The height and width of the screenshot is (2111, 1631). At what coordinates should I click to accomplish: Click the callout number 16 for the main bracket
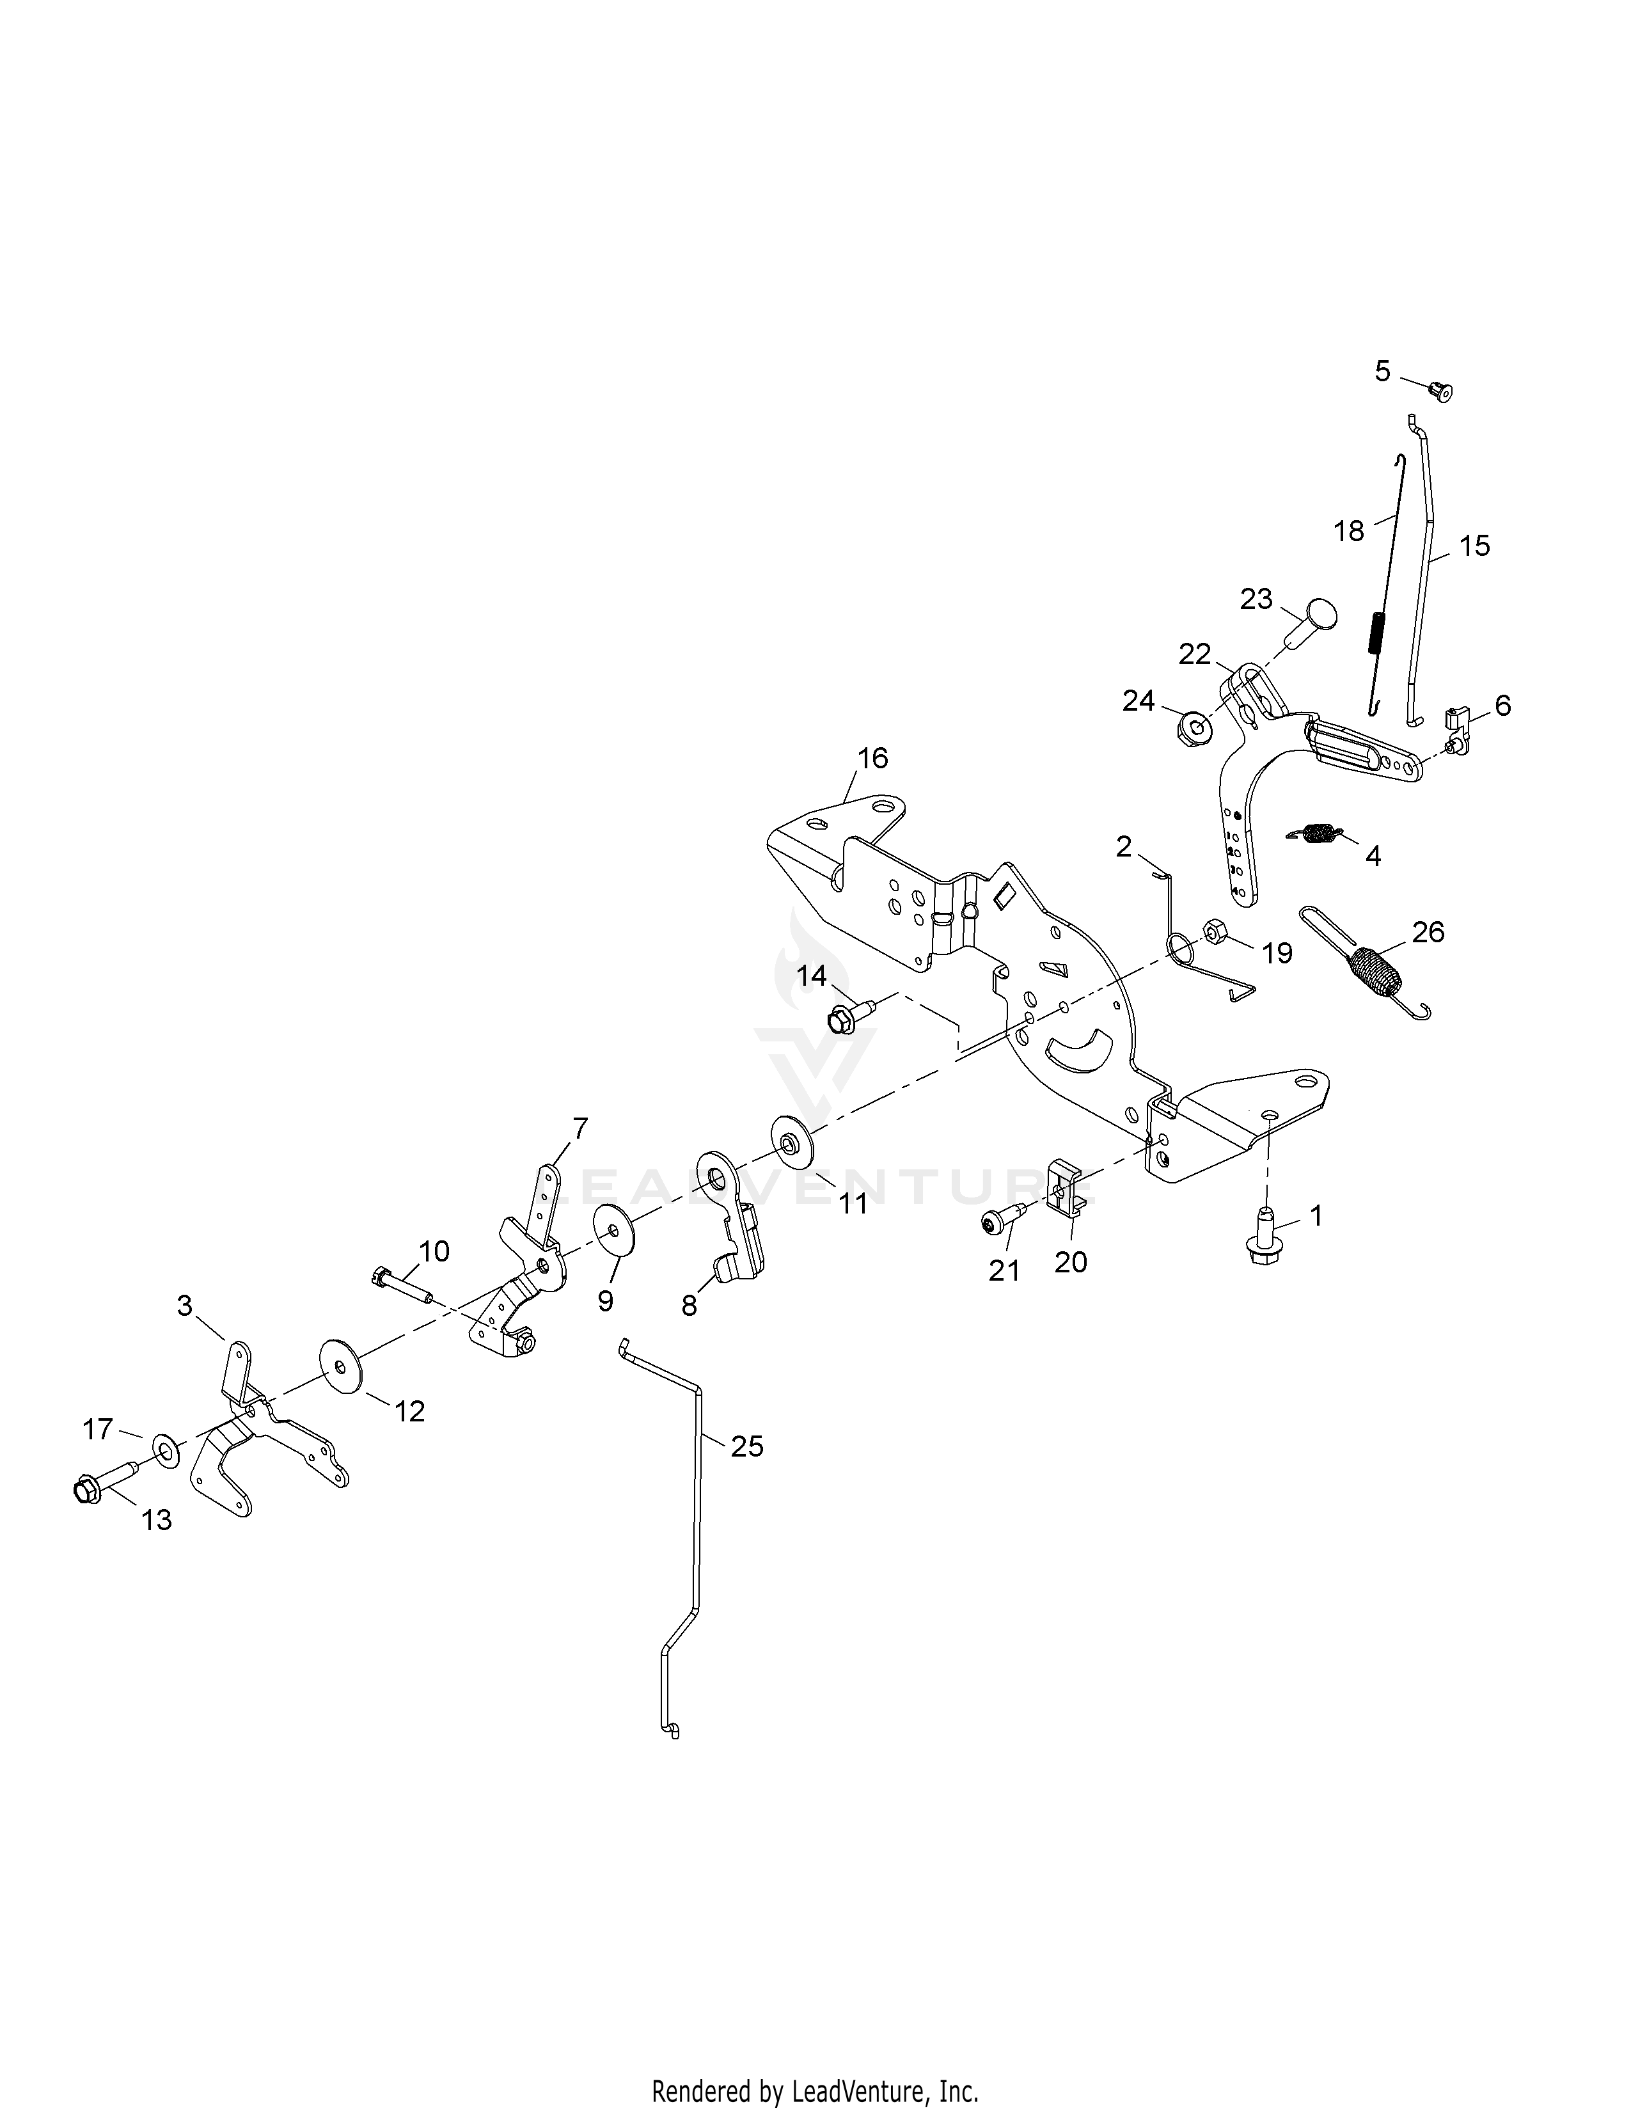click(x=872, y=758)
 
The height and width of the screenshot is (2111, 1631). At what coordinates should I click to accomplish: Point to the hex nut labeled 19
click(x=1213, y=934)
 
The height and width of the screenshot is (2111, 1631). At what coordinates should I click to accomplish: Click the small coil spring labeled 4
click(x=1315, y=833)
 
